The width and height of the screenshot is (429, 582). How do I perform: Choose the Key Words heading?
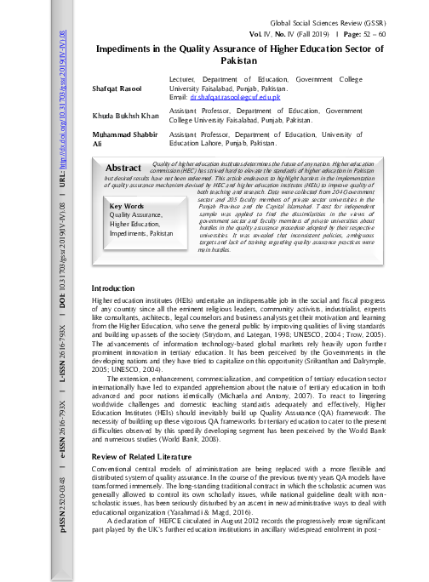pyautogui.click(x=127, y=206)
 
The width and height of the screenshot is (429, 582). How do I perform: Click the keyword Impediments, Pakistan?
pyautogui.click(x=135, y=232)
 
